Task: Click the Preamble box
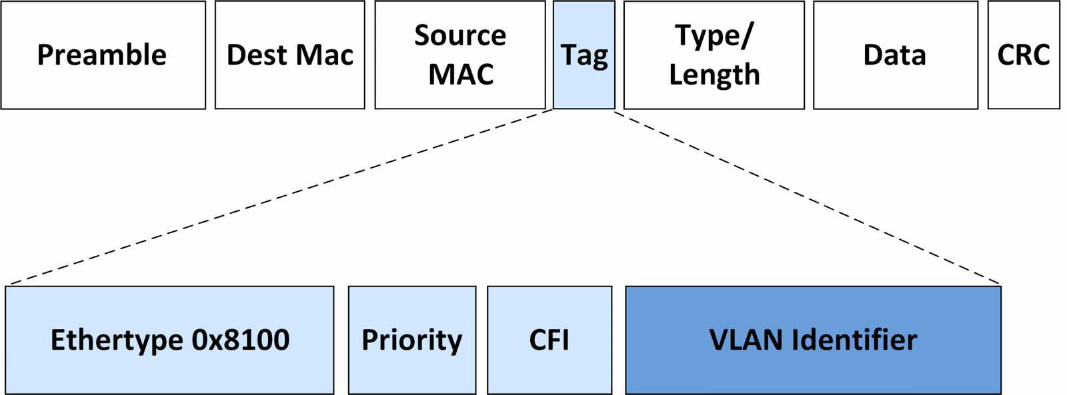tap(103, 55)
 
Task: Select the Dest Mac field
tap(289, 55)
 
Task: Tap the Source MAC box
tap(459, 55)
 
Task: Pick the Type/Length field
tap(714, 55)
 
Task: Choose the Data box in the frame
tap(895, 55)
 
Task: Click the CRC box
tap(1023, 55)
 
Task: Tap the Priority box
tap(411, 340)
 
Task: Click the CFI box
tap(549, 340)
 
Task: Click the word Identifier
tap(855, 340)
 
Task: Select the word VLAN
tap(746, 340)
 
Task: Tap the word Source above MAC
tap(459, 35)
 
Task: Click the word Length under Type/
tap(714, 75)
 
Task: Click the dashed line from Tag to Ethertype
tap(280, 197)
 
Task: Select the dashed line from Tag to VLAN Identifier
tap(807, 197)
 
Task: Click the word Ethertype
tap(117, 340)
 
